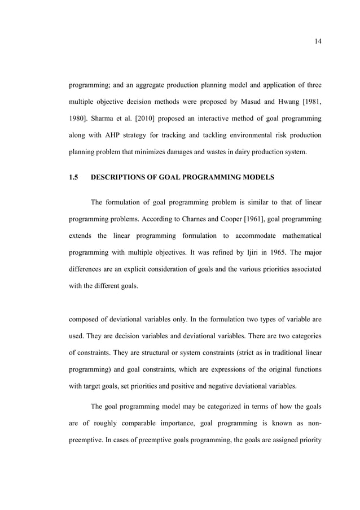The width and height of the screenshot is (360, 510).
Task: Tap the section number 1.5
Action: pos(72,177)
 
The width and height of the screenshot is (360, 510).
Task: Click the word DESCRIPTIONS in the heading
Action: pos(124,177)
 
